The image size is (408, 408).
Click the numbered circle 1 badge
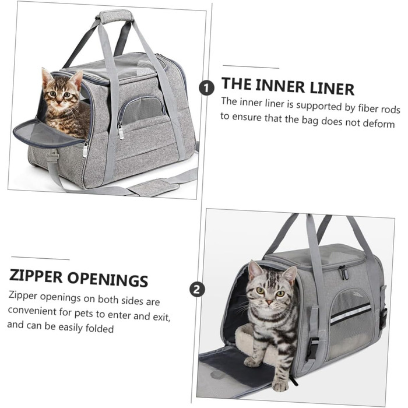pyautogui.click(x=206, y=88)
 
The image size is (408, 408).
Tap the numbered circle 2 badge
pyautogui.click(x=197, y=289)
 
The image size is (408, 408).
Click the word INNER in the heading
pyautogui.click(x=280, y=85)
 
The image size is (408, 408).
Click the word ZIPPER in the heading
pyautogui.click(x=36, y=276)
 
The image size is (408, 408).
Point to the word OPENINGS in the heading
pyautogui.click(x=108, y=279)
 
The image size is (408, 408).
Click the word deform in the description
pyautogui.click(x=379, y=123)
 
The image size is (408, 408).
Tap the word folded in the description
pyautogui.click(x=100, y=328)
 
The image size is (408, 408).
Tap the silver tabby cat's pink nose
pyautogui.click(x=269, y=303)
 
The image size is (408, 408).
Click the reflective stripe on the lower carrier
pyautogui.click(x=351, y=314)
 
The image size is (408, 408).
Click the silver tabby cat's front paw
pyautogui.click(x=280, y=385)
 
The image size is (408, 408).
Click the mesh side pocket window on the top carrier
pyautogui.click(x=143, y=110)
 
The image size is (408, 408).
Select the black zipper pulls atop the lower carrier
pyautogui.click(x=344, y=272)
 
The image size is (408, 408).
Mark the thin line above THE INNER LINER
pyautogui.click(x=251, y=67)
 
